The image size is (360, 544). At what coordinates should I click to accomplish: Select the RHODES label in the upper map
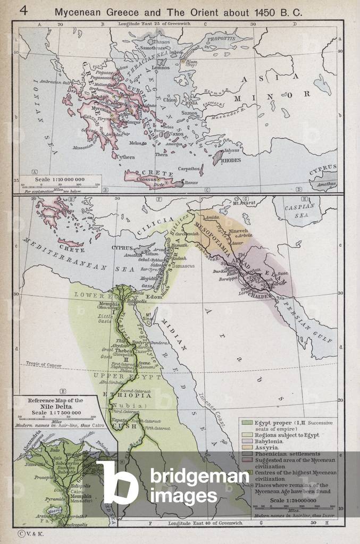(231, 160)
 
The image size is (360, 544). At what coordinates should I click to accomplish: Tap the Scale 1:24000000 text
(292, 501)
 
